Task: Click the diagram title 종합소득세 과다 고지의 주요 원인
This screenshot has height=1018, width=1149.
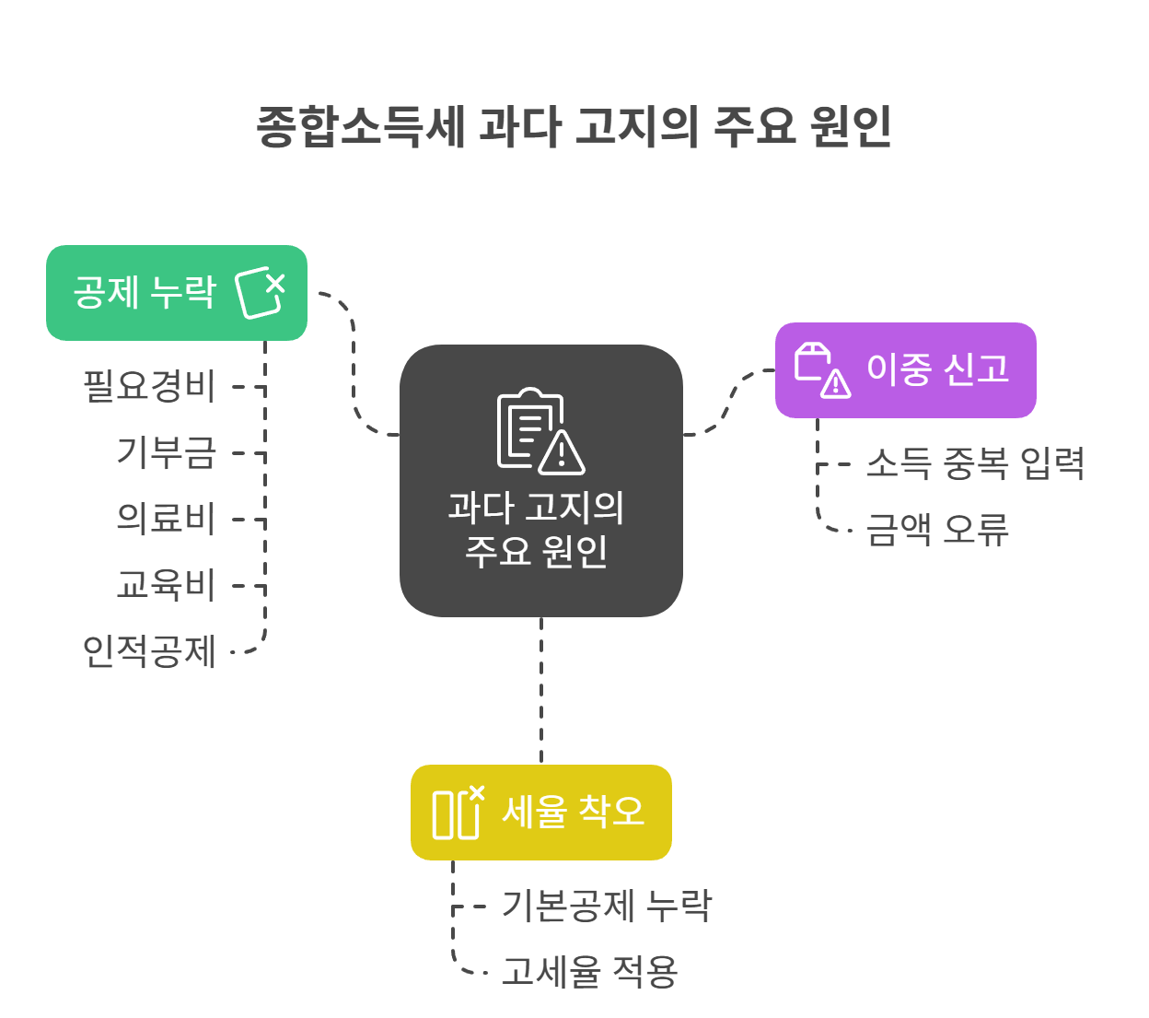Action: (574, 126)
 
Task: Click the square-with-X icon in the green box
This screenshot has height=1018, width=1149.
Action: (261, 293)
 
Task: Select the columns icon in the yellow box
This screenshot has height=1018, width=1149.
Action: (458, 812)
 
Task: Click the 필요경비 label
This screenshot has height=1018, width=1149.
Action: (149, 386)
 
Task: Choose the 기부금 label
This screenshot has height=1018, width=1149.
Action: (166, 452)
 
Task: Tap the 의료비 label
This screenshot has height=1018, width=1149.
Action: (166, 519)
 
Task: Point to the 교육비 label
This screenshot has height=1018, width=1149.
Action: (166, 585)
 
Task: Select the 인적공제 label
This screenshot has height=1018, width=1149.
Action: (149, 651)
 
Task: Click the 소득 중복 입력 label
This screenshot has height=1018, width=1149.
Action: (975, 463)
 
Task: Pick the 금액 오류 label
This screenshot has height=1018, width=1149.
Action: (937, 530)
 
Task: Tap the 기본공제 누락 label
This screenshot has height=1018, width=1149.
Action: (607, 906)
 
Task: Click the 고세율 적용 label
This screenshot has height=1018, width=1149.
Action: (589, 972)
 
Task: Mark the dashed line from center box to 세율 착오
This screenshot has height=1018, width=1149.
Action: (541, 691)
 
